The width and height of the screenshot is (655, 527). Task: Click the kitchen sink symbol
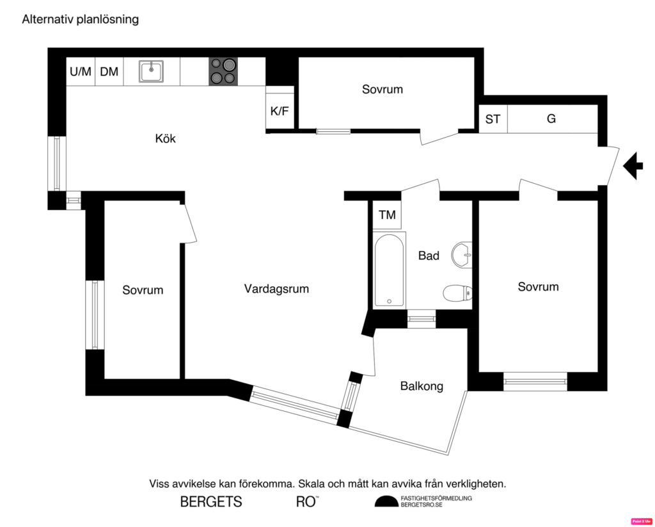[152, 71]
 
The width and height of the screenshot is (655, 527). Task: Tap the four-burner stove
[223, 71]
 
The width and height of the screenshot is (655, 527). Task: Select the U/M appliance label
[81, 72]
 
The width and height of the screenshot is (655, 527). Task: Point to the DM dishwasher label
[109, 72]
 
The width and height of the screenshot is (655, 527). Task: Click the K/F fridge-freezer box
[280, 111]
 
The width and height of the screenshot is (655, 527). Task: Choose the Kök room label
[165, 138]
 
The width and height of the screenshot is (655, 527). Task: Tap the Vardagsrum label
[276, 289]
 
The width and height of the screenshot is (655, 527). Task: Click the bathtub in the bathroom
[389, 270]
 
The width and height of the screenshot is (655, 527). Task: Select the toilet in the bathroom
[458, 293]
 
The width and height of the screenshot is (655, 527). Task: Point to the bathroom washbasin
[461, 255]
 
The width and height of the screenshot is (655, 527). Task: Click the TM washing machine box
[387, 215]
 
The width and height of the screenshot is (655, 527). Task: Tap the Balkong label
[422, 386]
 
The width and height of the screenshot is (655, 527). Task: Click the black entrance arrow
[633, 166]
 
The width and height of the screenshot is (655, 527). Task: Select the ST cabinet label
[493, 119]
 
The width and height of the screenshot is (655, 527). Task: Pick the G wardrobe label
[551, 119]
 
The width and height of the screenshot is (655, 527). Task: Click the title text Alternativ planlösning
[81, 19]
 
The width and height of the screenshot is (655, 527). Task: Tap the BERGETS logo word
[211, 502]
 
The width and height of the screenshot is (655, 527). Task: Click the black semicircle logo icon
[386, 501]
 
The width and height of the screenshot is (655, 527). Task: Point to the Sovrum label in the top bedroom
[383, 90]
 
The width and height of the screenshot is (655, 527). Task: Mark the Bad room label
[429, 256]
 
